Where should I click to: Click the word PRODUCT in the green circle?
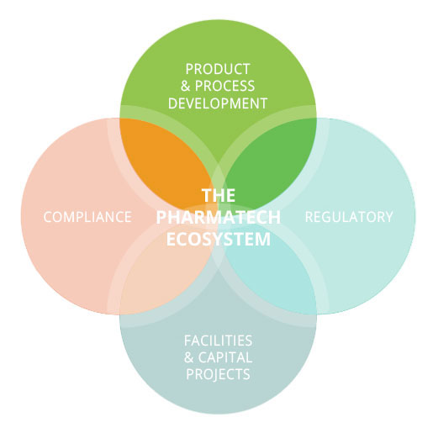tap(219, 68)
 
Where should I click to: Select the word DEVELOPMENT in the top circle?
tap(218, 103)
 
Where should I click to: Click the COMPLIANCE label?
tap(87, 217)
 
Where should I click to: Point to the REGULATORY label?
tap(348, 217)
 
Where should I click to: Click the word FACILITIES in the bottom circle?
tap(218, 341)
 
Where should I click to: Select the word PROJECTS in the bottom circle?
tap(218, 375)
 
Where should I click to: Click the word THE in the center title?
tap(218, 195)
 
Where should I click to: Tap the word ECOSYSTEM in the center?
tap(218, 239)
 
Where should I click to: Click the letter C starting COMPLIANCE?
tap(47, 217)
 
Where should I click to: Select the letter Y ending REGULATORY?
tap(388, 217)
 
